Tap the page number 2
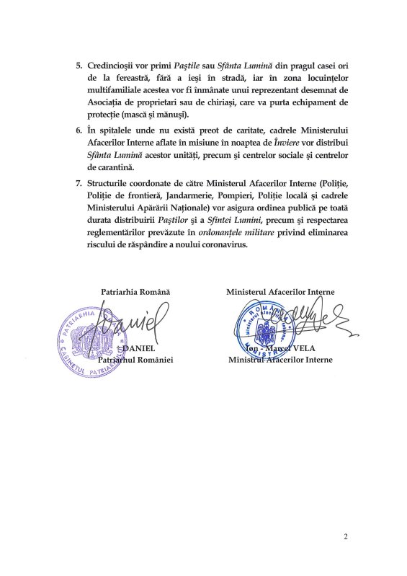[x=346, y=536]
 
